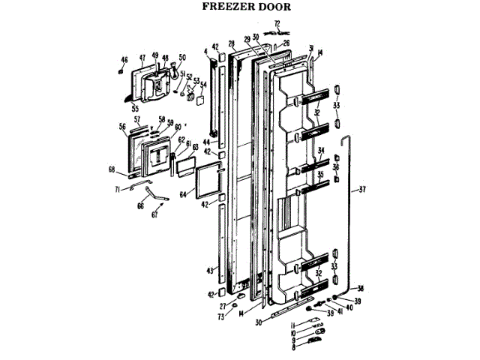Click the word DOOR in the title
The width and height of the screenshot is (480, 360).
pos(270,8)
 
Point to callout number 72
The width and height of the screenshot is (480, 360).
pos(276,24)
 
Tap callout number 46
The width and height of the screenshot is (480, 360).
pos(124,60)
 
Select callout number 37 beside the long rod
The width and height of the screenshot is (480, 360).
pos(362,188)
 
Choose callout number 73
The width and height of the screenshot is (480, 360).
pos(221,318)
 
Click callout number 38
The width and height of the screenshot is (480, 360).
pos(361,289)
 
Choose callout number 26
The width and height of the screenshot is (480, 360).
pos(286,43)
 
